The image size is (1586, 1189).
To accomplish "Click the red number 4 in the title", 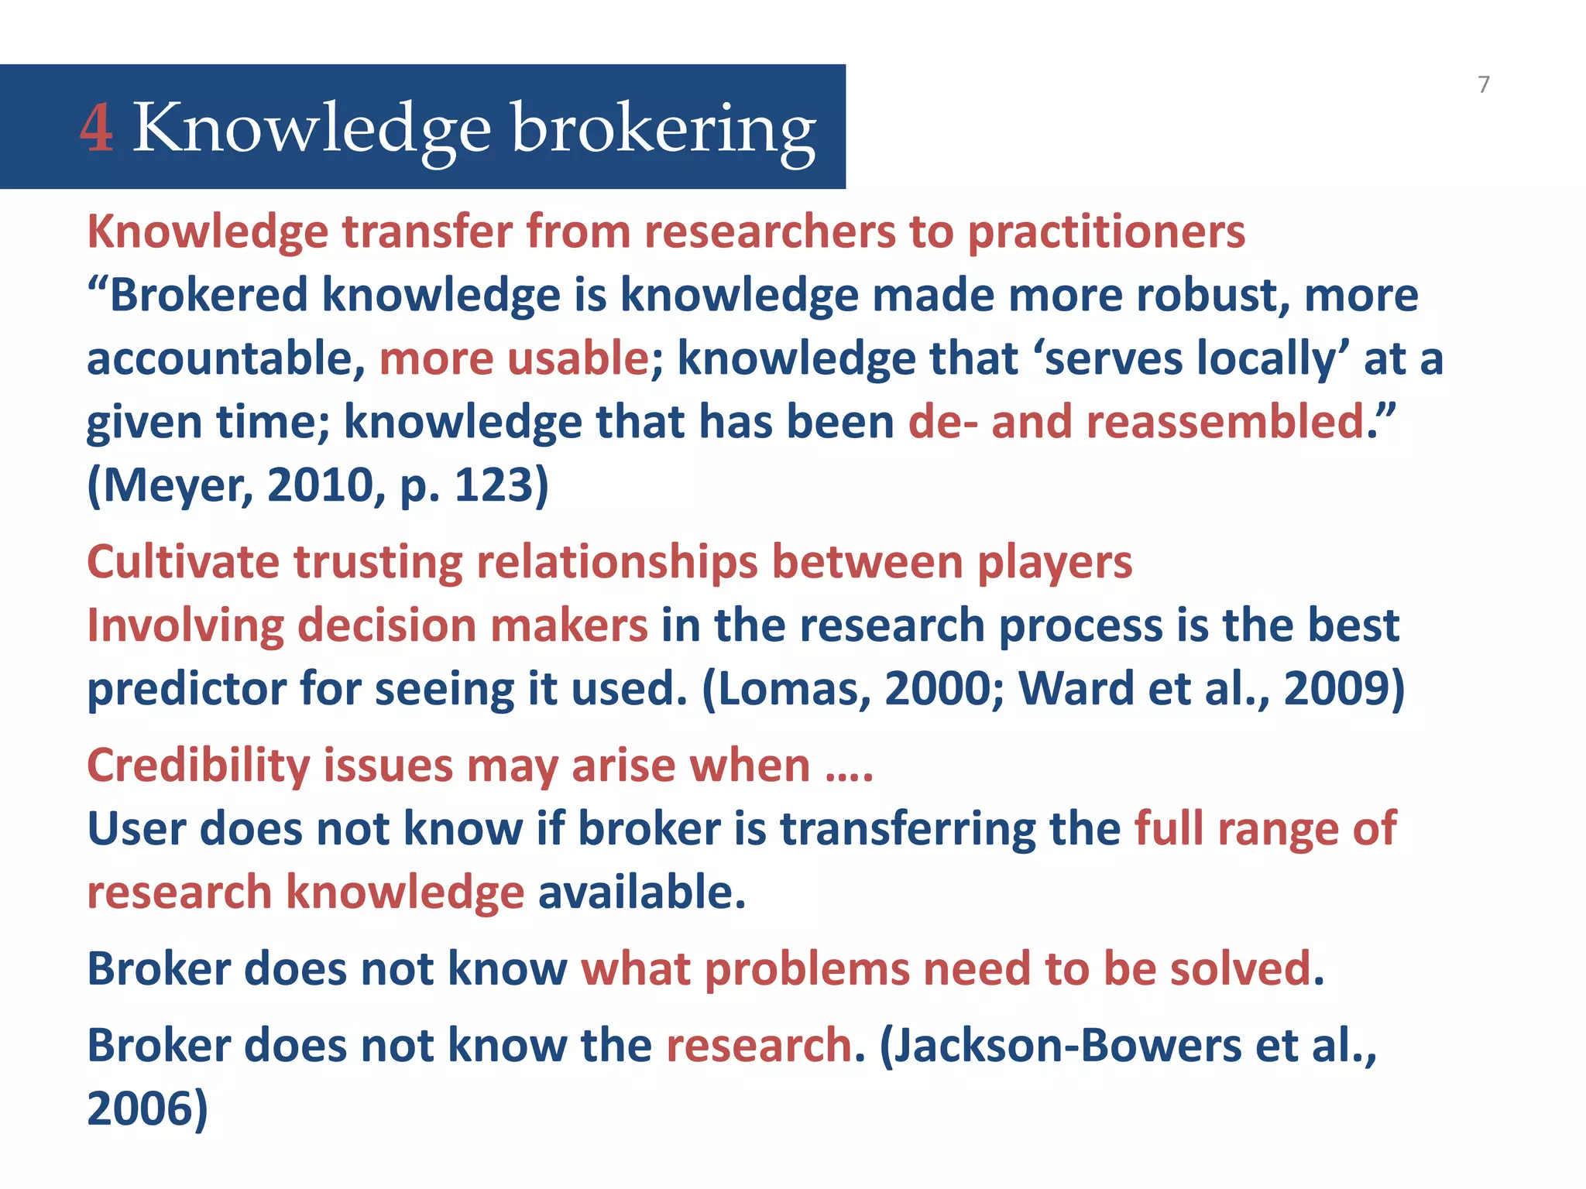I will click(97, 128).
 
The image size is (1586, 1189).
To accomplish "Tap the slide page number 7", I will click(1483, 84).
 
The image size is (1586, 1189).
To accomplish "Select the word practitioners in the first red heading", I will click(1107, 231).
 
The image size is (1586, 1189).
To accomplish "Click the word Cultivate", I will click(183, 561).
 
